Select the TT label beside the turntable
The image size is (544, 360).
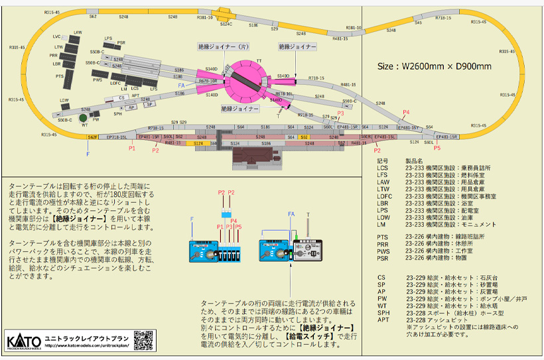click(259, 60)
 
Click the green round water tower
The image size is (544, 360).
click(84, 120)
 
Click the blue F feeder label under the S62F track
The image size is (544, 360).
click(88, 153)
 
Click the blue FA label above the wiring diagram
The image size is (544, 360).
click(290, 214)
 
